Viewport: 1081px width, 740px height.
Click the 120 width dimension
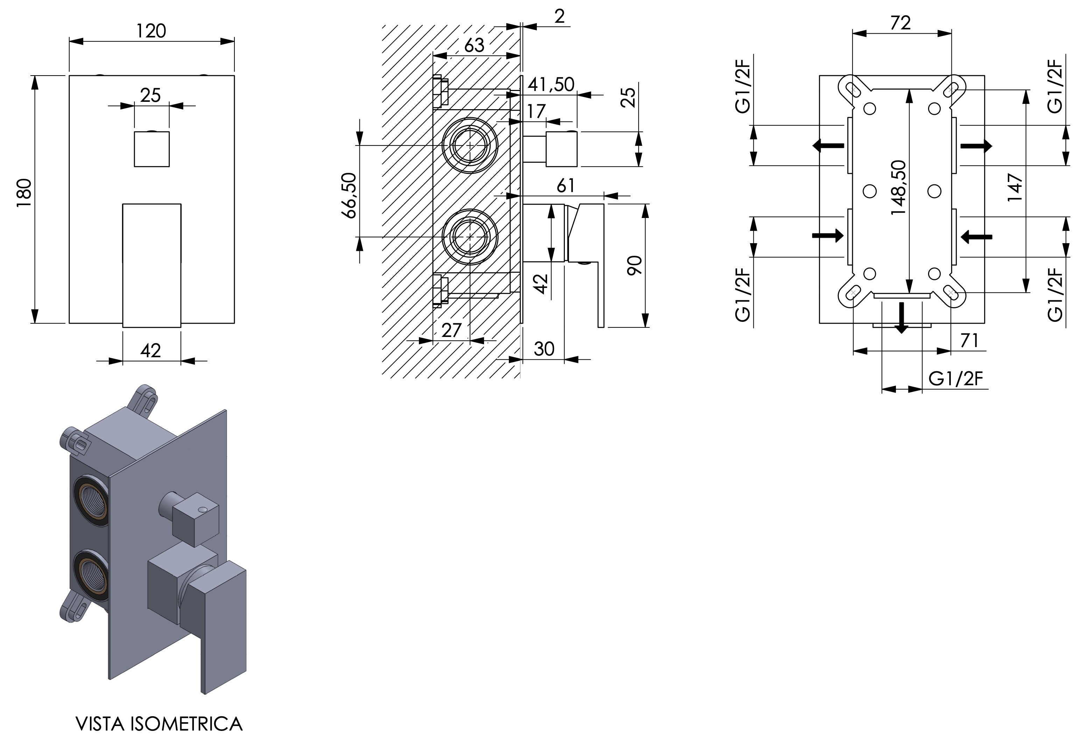coord(151,31)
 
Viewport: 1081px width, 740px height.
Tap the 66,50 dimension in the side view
coord(349,195)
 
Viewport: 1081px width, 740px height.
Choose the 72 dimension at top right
coord(900,23)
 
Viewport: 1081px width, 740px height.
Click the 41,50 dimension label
coord(551,85)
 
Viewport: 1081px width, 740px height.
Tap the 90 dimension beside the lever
coord(634,265)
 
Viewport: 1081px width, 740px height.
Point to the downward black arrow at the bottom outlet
coord(901,318)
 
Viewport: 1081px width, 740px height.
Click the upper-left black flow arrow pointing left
coord(828,146)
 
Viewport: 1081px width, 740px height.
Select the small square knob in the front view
coord(152,149)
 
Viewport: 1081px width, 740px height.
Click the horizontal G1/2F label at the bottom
coord(956,379)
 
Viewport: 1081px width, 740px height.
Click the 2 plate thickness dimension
coord(560,17)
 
